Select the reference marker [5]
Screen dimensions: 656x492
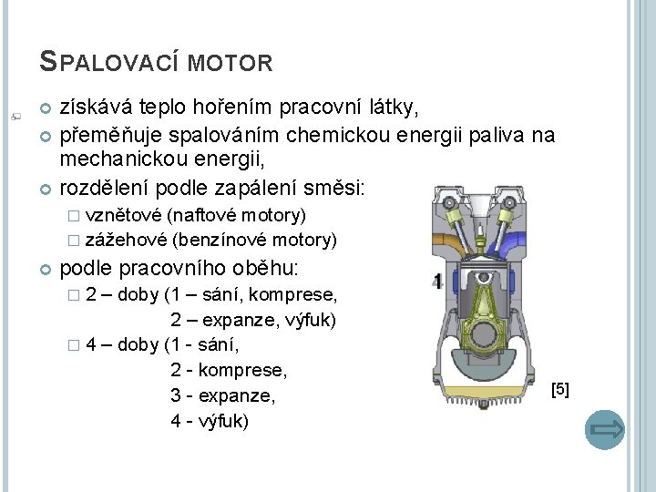tap(560, 389)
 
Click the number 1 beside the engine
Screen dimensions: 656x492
tap(438, 282)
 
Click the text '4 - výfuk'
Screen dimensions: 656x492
tap(209, 422)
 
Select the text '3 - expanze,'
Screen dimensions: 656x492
tap(223, 397)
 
